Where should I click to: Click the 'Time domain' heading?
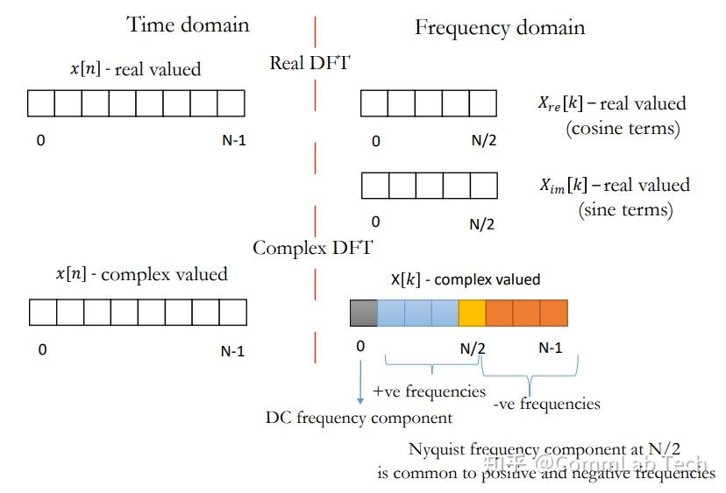(x=188, y=24)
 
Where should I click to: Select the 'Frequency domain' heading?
(x=499, y=28)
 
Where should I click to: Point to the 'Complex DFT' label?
(x=312, y=248)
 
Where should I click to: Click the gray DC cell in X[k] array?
(x=364, y=313)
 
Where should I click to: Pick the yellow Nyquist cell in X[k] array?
(x=472, y=313)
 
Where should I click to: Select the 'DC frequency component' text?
(x=359, y=418)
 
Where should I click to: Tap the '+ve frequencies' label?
(x=430, y=391)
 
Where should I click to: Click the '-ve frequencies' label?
(x=546, y=404)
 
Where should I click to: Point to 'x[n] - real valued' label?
(x=135, y=68)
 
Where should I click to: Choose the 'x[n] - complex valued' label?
(x=141, y=274)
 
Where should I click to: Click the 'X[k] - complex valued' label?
(x=465, y=280)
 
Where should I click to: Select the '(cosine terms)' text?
(x=622, y=128)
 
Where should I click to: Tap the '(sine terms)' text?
(x=625, y=210)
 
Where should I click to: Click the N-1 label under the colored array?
(x=550, y=348)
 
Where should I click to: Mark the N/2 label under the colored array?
(x=473, y=348)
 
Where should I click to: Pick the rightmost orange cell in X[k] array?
(x=553, y=313)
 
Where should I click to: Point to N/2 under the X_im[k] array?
(x=481, y=223)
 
